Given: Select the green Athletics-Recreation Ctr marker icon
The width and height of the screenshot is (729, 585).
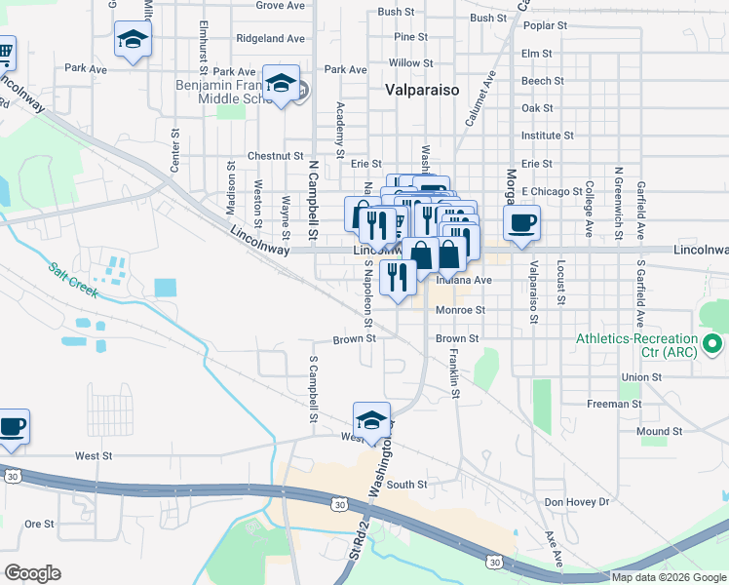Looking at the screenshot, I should point(713,343).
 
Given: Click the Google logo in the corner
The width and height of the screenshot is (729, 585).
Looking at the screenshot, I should point(32,573).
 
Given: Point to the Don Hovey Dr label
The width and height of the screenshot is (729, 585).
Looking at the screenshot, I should point(577,501).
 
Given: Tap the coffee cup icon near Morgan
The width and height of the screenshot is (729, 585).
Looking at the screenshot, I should point(522,223).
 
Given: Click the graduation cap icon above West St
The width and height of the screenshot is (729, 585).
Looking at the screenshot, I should point(371,419).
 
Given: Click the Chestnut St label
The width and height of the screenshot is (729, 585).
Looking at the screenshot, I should point(276,155).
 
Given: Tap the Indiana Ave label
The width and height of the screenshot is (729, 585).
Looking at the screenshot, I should point(464,280).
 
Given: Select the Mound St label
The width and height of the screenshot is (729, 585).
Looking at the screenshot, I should point(659,431).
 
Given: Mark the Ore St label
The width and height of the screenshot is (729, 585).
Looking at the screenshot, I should point(40,524).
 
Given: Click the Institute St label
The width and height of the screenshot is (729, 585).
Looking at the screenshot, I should point(547,136).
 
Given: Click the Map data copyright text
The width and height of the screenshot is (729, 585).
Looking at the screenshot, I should point(670,577).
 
